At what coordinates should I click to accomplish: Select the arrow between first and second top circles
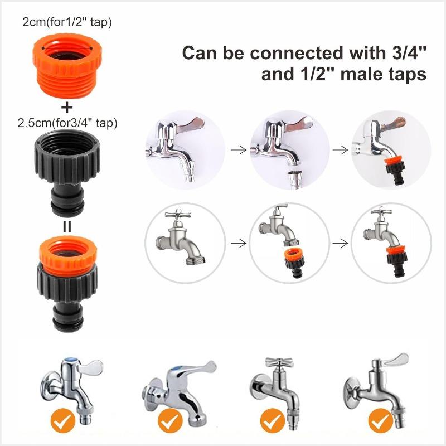coord(238,149)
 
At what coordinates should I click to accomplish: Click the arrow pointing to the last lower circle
coord(340,243)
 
